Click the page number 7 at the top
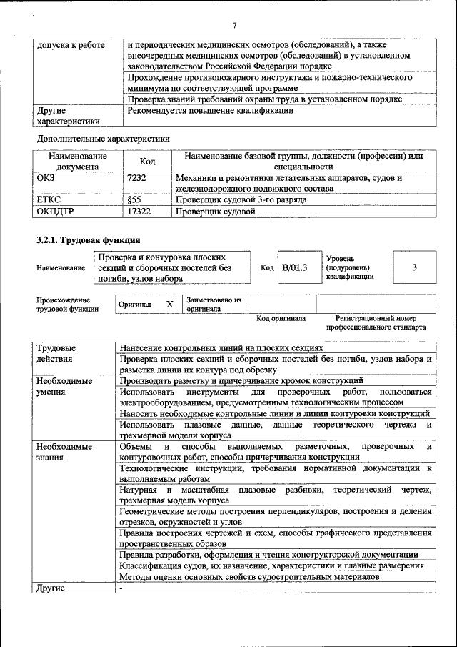pos(233,26)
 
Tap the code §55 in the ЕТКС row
pos(134,201)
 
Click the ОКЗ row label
pos(46,178)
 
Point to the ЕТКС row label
pos(49,201)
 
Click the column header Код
pos(147,162)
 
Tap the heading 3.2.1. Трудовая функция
pos(88,240)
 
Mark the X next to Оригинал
pos(170,305)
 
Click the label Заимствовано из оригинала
pos(214,305)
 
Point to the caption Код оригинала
pos(281,318)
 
